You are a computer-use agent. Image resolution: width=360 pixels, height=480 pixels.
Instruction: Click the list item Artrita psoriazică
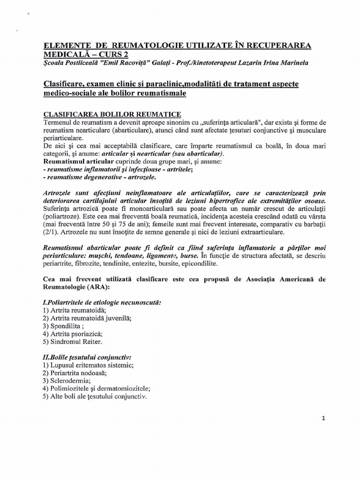(x=72, y=334)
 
